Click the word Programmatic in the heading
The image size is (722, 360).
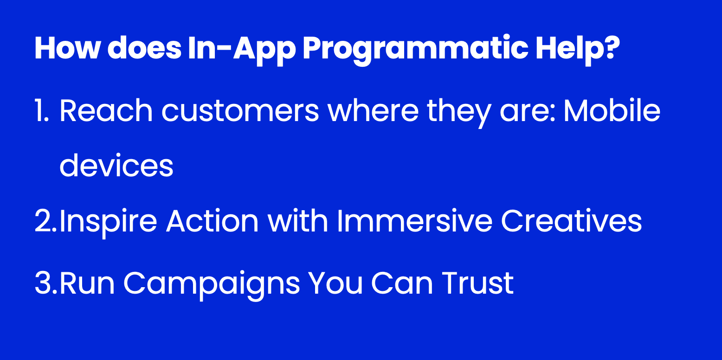tap(415, 50)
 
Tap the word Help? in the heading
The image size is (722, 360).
tap(578, 48)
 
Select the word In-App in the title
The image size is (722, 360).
tap(242, 48)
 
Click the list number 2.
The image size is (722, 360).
tap(45, 221)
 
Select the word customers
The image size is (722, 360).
tap(240, 111)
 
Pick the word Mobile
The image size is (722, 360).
tap(612, 110)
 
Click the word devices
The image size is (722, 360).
tap(116, 165)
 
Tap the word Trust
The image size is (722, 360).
tap(477, 283)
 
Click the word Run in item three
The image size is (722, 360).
tap(87, 283)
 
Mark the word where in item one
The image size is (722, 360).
tap(373, 110)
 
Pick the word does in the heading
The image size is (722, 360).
tap(144, 48)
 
